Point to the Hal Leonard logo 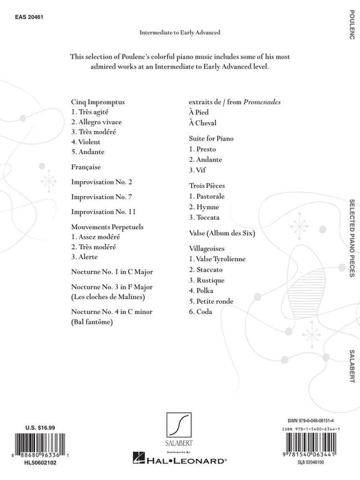181,470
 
